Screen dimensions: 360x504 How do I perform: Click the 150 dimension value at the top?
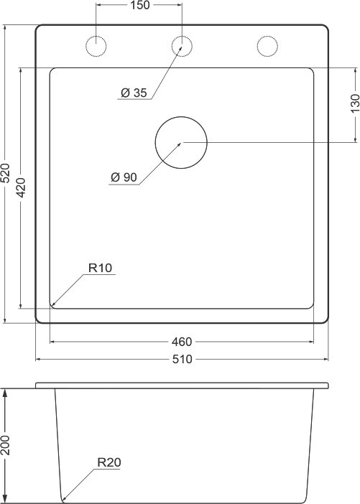[140, 5]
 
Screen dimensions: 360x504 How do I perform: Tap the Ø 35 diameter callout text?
[134, 93]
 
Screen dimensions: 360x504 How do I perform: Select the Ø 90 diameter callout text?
[124, 177]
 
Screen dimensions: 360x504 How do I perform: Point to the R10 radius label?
[100, 268]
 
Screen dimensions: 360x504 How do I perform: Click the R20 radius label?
[109, 462]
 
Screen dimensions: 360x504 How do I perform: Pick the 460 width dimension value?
[182, 342]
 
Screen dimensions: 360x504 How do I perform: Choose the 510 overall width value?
[182, 359]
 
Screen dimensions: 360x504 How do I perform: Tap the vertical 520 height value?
[6, 173]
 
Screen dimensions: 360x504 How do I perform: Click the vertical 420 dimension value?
[21, 187]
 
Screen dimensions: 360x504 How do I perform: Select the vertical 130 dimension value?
[354, 103]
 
